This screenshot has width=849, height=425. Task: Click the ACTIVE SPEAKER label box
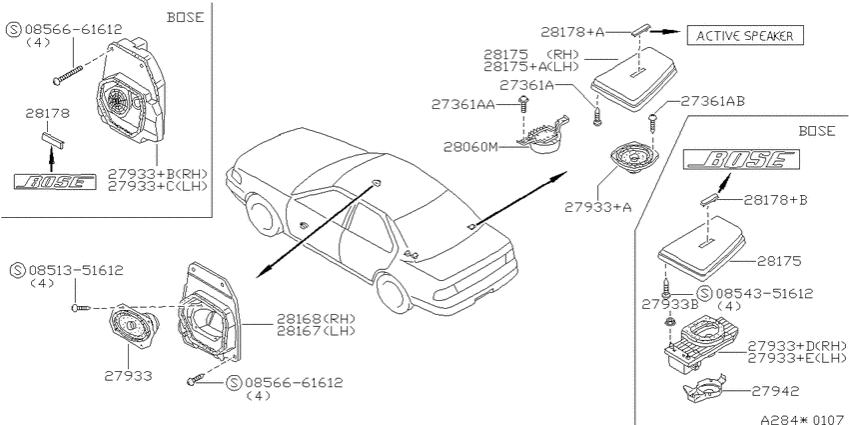(745, 36)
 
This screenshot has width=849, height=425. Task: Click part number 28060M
(470, 147)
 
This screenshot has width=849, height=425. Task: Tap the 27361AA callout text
(463, 105)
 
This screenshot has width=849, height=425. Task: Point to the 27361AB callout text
(712, 101)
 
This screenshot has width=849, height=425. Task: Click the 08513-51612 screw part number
(76, 270)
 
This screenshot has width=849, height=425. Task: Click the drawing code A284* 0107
(803, 419)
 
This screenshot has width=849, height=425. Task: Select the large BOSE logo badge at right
(741, 160)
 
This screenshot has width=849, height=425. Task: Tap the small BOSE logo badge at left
(55, 182)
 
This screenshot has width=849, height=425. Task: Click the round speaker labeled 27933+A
(632, 159)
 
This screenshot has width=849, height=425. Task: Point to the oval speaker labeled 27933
(134, 326)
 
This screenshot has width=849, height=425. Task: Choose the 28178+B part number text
(775, 200)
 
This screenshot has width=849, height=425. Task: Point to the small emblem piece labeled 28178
(53, 139)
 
